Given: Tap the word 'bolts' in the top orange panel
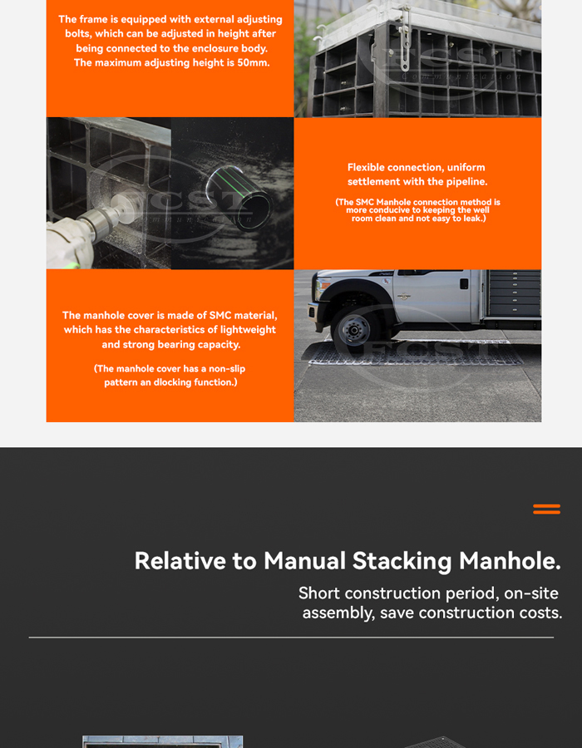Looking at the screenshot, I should [80, 34].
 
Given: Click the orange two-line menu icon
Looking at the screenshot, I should [546, 509].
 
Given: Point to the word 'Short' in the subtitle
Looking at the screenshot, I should [319, 593].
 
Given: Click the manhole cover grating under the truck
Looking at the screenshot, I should [416, 355].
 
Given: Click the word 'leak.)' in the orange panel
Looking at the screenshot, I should [471, 219].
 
